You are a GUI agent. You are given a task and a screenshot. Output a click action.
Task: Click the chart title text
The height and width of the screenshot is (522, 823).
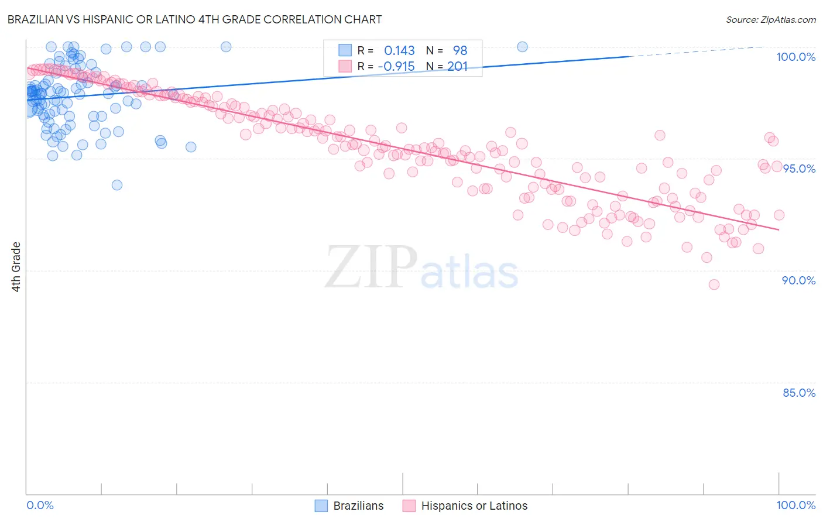(194, 19)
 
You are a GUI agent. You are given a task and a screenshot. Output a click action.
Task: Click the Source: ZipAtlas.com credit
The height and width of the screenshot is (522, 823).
(770, 19)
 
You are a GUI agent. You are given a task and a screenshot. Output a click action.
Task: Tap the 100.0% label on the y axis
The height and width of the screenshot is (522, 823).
(795, 57)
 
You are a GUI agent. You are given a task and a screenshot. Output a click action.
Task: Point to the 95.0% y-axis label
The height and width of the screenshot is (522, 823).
(799, 169)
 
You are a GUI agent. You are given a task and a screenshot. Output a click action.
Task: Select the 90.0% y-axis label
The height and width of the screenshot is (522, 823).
(799, 280)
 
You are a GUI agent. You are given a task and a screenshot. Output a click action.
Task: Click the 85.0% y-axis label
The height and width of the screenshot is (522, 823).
(799, 393)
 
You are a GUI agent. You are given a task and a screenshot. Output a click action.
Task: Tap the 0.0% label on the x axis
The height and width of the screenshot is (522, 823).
(40, 505)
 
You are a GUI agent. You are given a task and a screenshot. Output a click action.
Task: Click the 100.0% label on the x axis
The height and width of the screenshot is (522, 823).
(795, 505)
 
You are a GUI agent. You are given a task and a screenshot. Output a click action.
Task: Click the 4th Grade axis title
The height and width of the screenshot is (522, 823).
(16, 267)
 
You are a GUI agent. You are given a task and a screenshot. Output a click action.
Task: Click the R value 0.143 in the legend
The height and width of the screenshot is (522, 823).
(399, 50)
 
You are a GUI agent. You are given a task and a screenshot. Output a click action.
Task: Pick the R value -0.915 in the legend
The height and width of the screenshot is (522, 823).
(396, 66)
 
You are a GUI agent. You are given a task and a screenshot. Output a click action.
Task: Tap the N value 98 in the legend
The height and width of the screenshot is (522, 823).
(460, 50)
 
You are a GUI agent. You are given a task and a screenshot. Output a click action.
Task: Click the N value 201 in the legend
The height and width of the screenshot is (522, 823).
(457, 66)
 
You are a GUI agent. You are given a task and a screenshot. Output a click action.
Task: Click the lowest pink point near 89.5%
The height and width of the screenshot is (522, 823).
(714, 284)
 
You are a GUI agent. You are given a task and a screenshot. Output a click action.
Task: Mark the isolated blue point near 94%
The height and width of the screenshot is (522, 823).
(117, 185)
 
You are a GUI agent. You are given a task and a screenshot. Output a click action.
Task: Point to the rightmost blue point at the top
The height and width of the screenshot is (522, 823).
(522, 47)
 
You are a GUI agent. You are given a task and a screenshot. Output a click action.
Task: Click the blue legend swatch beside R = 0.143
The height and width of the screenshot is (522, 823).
(345, 50)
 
